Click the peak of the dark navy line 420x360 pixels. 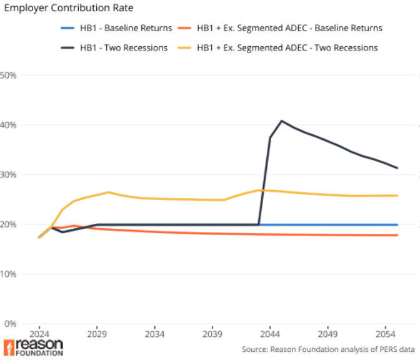click(x=282, y=121)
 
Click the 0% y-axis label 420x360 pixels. click(x=12, y=323)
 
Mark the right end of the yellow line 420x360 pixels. click(x=398, y=196)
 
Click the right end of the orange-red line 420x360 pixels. click(x=398, y=235)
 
